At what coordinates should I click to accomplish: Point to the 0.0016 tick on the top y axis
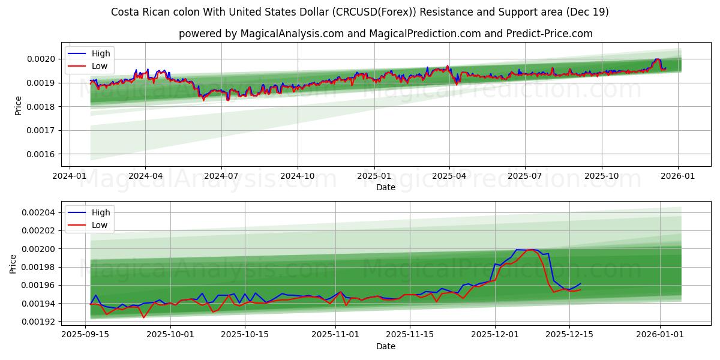[42, 154]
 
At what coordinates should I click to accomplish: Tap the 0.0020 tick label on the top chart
[42, 59]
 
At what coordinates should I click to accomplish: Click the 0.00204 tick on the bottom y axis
[40, 212]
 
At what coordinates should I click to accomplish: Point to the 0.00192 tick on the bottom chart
[40, 322]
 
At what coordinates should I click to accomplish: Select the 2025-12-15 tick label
[569, 334]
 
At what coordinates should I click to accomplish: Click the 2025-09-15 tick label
[85, 334]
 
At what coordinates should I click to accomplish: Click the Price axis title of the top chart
[18, 106]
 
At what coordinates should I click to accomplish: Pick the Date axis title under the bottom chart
[385, 346]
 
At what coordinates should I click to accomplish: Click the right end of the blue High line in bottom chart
[580, 284]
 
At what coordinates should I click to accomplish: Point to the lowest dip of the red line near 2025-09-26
[143, 317]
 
